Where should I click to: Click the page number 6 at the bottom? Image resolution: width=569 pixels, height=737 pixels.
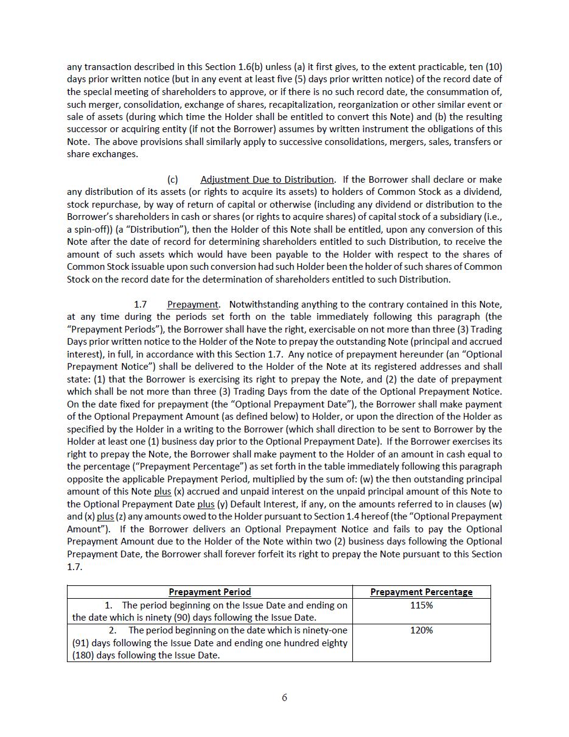(x=284, y=697)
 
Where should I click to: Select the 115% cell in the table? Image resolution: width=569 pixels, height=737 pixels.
(x=421, y=605)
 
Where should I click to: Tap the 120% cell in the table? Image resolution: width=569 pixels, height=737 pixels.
(x=421, y=630)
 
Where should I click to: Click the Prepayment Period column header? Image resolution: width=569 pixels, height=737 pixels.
(x=209, y=592)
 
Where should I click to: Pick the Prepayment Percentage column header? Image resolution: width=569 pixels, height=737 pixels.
(x=421, y=592)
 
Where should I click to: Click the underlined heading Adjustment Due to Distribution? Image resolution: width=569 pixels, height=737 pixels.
(x=267, y=180)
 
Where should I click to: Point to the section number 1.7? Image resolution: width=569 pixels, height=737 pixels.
(x=140, y=304)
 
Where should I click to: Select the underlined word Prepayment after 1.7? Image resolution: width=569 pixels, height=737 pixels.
(x=192, y=304)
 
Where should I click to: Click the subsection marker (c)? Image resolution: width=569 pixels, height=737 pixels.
(x=173, y=180)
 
